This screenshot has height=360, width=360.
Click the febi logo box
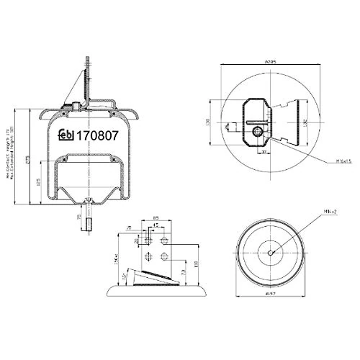[x=67, y=134]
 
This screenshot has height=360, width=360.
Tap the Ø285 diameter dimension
[x=270, y=63]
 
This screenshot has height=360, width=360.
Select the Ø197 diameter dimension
[x=270, y=293]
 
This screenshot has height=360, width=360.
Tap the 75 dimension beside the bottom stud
[x=79, y=216]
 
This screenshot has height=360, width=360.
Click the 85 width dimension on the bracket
[x=156, y=219]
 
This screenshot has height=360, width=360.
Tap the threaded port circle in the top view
[x=257, y=131]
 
